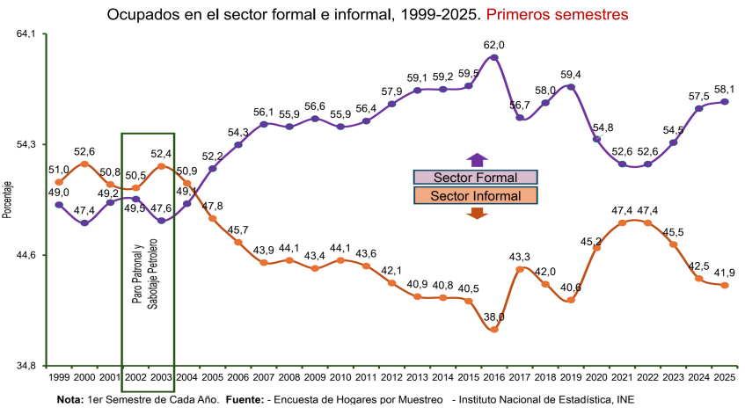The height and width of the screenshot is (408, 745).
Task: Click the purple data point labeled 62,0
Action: tap(494, 58)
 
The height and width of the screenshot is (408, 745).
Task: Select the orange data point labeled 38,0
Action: tap(494, 330)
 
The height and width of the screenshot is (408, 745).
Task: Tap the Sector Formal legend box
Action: tap(476, 178)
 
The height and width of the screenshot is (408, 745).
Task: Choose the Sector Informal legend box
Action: tap(476, 195)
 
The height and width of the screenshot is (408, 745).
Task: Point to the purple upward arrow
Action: tap(477, 160)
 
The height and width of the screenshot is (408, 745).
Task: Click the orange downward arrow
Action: tap(477, 213)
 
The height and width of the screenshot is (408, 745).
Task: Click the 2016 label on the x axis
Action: tap(494, 377)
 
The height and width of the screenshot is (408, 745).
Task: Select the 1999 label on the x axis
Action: tap(59, 377)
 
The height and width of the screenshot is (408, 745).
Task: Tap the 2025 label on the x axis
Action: tap(726, 377)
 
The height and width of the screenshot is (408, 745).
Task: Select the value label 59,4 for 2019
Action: tap(573, 75)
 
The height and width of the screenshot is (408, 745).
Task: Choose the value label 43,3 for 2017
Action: tap(520, 257)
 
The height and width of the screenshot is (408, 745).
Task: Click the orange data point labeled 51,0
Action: tap(59, 182)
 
